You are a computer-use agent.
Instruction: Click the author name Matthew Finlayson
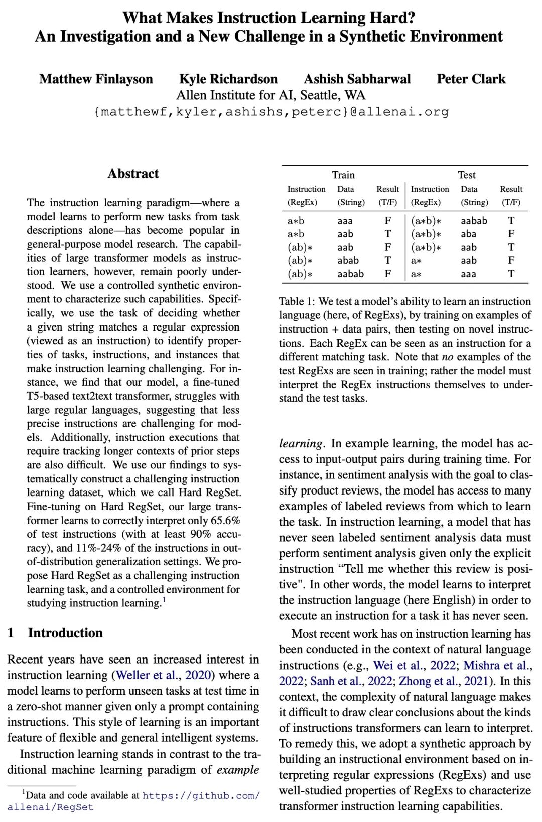point(96,79)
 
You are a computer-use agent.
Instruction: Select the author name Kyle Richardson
point(228,79)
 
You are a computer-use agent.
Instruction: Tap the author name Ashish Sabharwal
point(357,79)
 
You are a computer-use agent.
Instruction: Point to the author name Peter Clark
point(471,79)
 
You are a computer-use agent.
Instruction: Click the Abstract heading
point(133,174)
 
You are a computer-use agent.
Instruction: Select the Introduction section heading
point(65,633)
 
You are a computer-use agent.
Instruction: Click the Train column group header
point(343,175)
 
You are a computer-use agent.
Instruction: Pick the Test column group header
point(466,175)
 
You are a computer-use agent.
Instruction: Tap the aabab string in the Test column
point(474,221)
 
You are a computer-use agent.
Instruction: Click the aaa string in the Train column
point(345,221)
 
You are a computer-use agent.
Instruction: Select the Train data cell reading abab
point(348,261)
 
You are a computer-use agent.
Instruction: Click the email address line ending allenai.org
point(271,112)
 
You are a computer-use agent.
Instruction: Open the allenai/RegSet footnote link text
point(50,807)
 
